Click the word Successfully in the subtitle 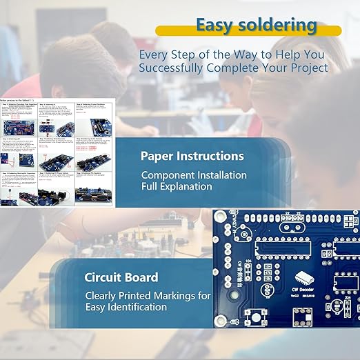(171, 68)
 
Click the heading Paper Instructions (192, 156)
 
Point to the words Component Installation (194, 175)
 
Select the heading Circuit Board (121, 277)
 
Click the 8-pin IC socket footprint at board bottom (303, 317)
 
